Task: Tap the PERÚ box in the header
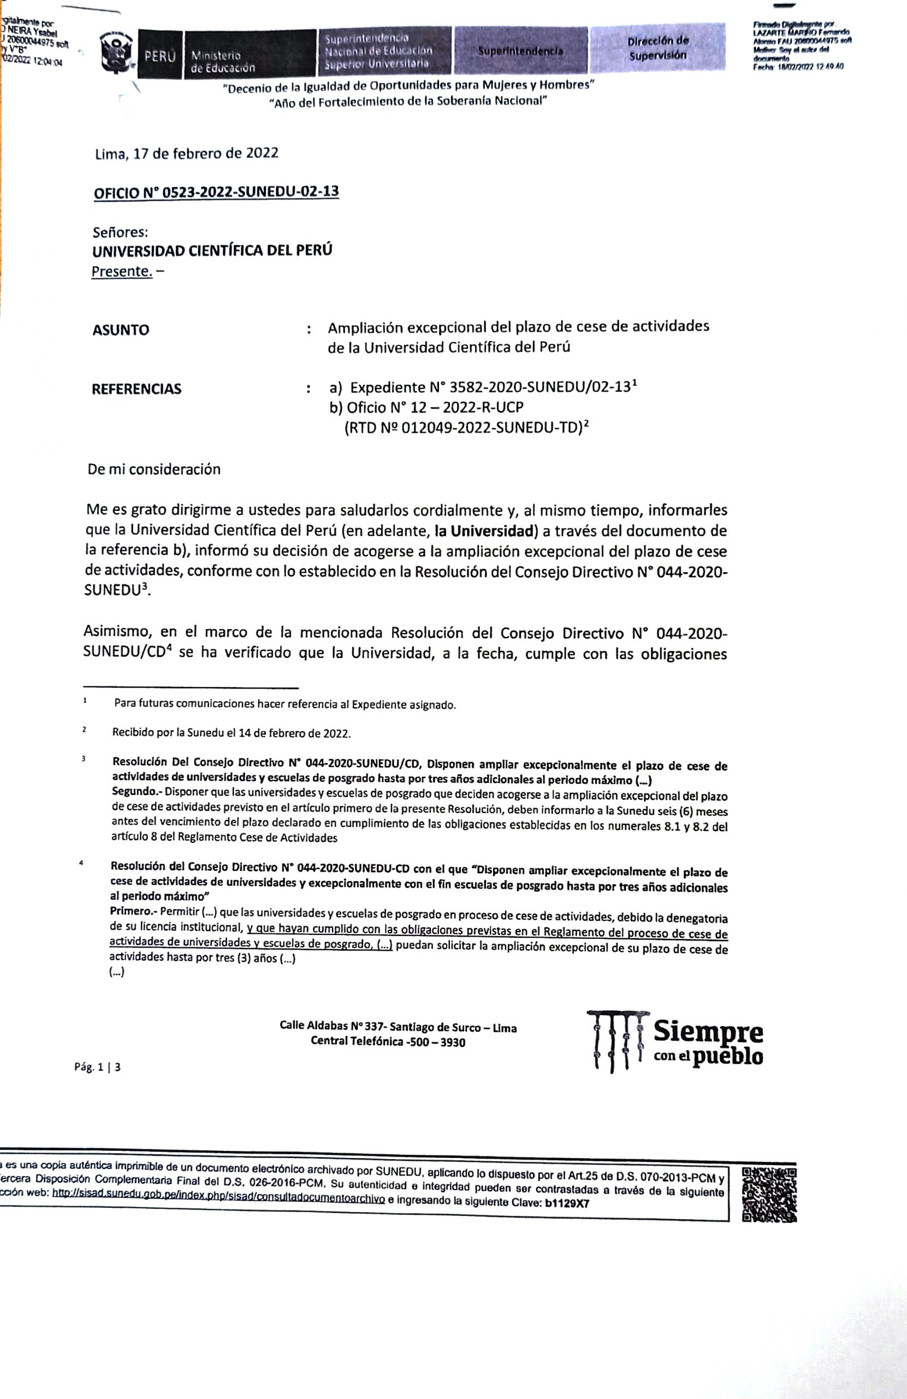(160, 56)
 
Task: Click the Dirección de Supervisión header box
(657, 49)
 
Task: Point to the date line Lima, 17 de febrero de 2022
(186, 154)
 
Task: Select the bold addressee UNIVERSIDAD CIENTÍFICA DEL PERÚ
(212, 250)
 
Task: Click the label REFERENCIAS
(137, 389)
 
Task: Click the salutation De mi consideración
(154, 469)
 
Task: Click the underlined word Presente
(121, 272)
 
